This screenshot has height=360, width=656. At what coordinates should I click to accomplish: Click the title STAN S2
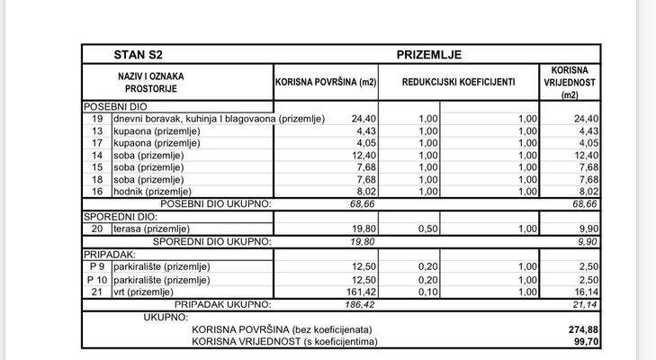pos(138,54)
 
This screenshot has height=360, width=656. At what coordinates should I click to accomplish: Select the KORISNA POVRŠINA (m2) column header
pos(325,82)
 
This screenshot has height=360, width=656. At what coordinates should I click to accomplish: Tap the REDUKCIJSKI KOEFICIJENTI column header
pos(458,82)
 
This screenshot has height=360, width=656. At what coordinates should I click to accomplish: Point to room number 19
pos(96,119)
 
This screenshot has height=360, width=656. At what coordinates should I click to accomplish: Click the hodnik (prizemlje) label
pos(148,191)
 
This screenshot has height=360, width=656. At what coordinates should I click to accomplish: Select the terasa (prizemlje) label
pos(148,229)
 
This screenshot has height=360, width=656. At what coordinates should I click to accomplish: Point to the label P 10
pos(96,280)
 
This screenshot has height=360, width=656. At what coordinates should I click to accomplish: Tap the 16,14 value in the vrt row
pos(585,292)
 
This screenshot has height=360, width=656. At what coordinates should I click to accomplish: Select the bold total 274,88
pos(583,330)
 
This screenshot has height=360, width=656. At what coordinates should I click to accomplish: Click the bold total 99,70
pos(585,342)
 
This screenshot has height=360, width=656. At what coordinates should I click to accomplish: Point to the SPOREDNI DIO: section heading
pos(121,217)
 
